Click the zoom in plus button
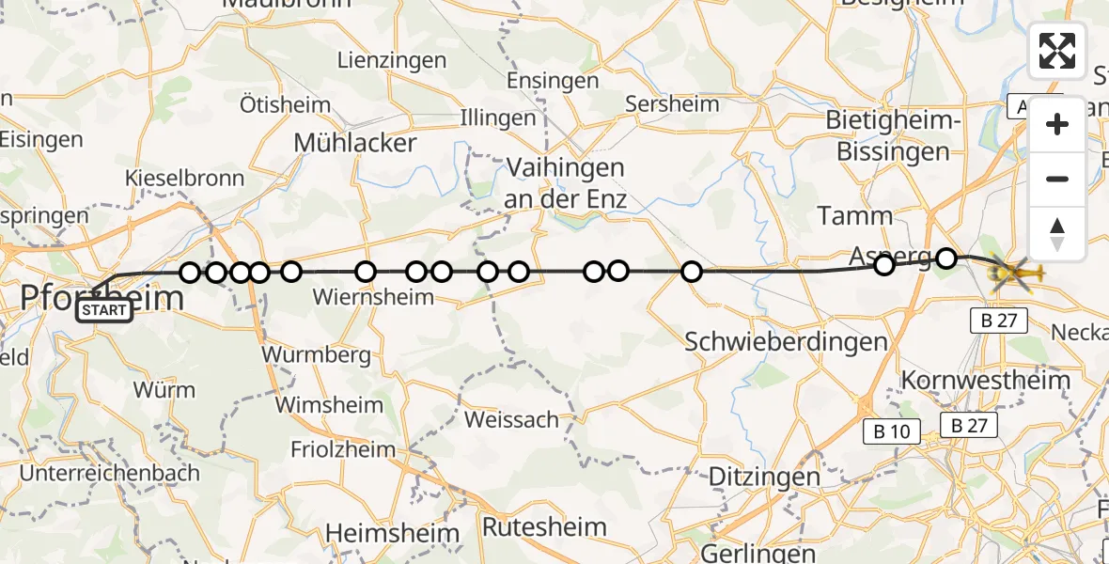pyautogui.click(x=1057, y=125)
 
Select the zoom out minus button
pyautogui.click(x=1057, y=179)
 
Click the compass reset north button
pyautogui.click(x=1057, y=233)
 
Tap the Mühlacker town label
pyautogui.click(x=354, y=143)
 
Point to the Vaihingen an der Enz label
pyautogui.click(x=565, y=183)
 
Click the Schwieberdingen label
pyautogui.click(x=786, y=341)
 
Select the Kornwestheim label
pyautogui.click(x=986, y=381)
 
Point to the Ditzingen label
pyautogui.click(x=764, y=477)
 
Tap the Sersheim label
pyautogui.click(x=673, y=104)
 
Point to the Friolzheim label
pyautogui.click(x=343, y=449)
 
